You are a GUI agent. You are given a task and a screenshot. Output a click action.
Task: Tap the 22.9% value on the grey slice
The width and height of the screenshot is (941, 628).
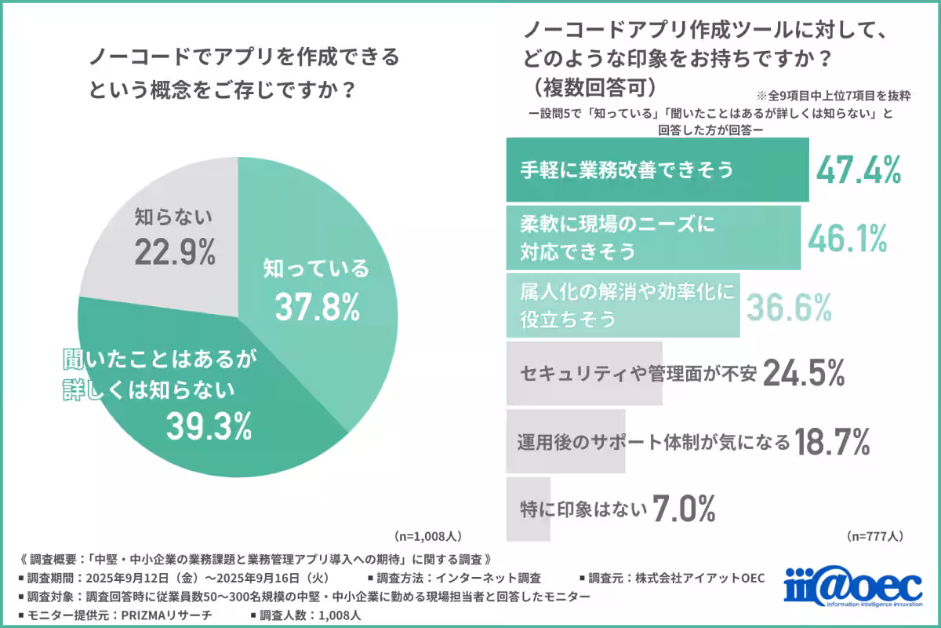click(174, 252)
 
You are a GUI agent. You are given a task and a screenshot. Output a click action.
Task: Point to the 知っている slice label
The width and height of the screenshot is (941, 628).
click(316, 269)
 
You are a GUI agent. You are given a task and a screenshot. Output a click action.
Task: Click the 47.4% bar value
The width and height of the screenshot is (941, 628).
click(858, 170)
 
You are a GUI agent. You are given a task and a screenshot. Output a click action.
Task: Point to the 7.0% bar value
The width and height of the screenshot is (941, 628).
click(684, 510)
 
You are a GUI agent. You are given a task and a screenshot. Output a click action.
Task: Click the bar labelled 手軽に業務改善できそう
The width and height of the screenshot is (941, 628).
click(657, 170)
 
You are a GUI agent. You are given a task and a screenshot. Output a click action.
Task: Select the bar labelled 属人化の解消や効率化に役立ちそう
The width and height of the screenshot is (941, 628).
click(623, 306)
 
